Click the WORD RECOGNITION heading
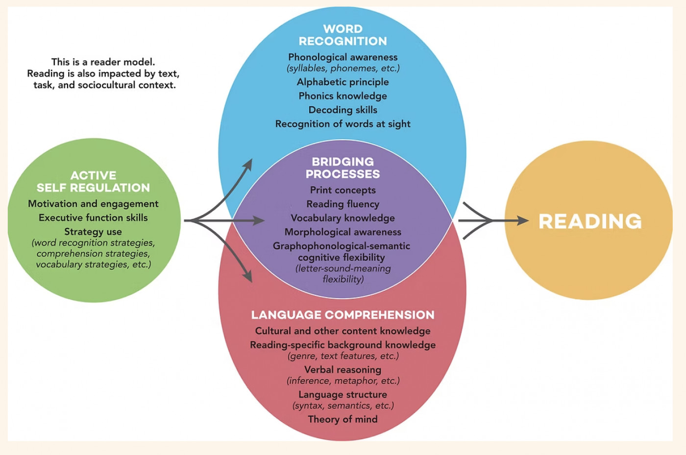click(x=343, y=35)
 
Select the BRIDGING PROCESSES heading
click(x=343, y=168)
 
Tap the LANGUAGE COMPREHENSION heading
click(x=343, y=315)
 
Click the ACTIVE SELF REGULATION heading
click(x=93, y=181)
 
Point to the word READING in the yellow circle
click(x=590, y=221)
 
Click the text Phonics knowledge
click(x=343, y=96)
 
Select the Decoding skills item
click(x=343, y=110)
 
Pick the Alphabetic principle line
click(x=343, y=82)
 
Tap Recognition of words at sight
click(x=343, y=124)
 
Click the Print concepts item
click(x=343, y=190)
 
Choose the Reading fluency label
click(x=343, y=204)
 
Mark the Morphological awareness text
click(x=343, y=232)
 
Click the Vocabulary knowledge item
click(x=343, y=218)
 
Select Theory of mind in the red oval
click(x=343, y=419)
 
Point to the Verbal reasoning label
click(x=343, y=370)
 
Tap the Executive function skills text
click(x=93, y=217)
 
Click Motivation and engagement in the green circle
click(x=93, y=204)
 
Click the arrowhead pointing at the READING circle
click(x=523, y=221)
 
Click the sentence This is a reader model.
click(x=103, y=62)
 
